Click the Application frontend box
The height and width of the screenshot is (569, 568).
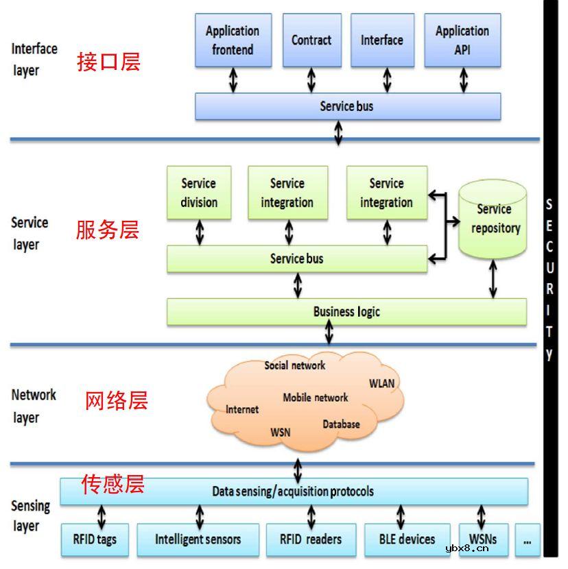(x=233, y=40)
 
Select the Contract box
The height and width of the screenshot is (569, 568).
(x=311, y=40)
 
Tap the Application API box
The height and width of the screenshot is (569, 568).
(x=462, y=40)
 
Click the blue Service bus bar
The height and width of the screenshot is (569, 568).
(x=347, y=106)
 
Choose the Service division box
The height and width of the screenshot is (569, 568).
(x=199, y=193)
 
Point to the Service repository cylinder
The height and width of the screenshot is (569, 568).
(x=494, y=219)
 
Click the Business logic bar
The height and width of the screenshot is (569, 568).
(x=346, y=311)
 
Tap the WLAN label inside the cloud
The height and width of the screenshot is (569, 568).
(x=382, y=383)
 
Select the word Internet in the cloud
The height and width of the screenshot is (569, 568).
(x=242, y=409)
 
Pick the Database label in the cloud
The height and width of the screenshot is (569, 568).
(x=341, y=424)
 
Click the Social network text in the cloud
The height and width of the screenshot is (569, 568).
(x=295, y=365)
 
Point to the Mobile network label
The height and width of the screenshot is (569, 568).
(x=316, y=398)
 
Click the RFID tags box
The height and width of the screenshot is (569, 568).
(x=95, y=540)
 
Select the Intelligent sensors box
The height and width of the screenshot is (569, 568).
(x=198, y=540)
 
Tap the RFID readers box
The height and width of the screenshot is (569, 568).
(x=310, y=540)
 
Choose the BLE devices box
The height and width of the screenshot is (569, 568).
(x=407, y=540)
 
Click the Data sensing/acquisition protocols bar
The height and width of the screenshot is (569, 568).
(x=294, y=492)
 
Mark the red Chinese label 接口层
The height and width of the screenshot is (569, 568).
(x=108, y=62)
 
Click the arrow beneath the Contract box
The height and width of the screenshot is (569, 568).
(x=311, y=80)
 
